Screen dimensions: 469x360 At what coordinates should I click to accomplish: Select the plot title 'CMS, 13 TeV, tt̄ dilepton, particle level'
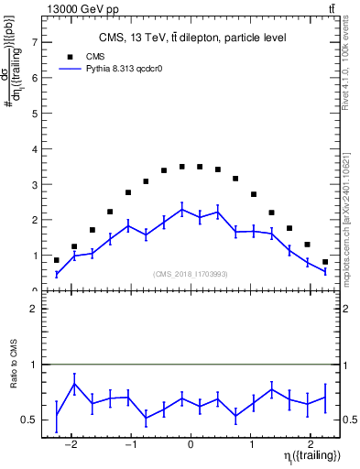pos(191,38)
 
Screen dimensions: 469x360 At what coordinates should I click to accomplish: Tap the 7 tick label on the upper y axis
pos(34,42)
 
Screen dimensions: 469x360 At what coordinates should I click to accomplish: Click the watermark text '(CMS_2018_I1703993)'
pos(191,274)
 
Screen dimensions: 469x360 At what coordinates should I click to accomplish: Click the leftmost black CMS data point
pos(57,260)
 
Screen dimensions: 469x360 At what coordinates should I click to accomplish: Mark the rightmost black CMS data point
pos(324,261)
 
